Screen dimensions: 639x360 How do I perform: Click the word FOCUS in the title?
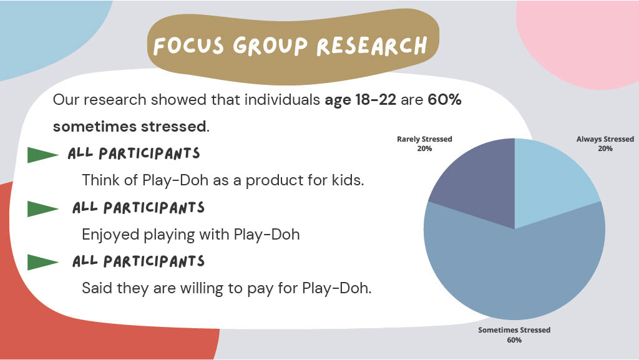point(188,46)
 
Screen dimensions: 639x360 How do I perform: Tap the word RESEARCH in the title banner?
point(372,46)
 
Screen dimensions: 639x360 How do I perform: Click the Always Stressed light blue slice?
point(550,179)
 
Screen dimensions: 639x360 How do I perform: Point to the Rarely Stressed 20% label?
point(424,144)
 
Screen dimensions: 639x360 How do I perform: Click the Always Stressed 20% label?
point(605,144)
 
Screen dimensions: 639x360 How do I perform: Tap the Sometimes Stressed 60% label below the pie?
point(514,335)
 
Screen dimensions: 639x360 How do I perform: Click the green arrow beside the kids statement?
point(42,155)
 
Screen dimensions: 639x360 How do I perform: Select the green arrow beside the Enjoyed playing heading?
point(42,209)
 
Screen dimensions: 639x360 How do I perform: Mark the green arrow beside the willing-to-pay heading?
point(42,262)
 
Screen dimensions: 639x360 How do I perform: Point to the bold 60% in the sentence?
point(444,99)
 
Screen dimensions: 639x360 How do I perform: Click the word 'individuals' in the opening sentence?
point(282,99)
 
